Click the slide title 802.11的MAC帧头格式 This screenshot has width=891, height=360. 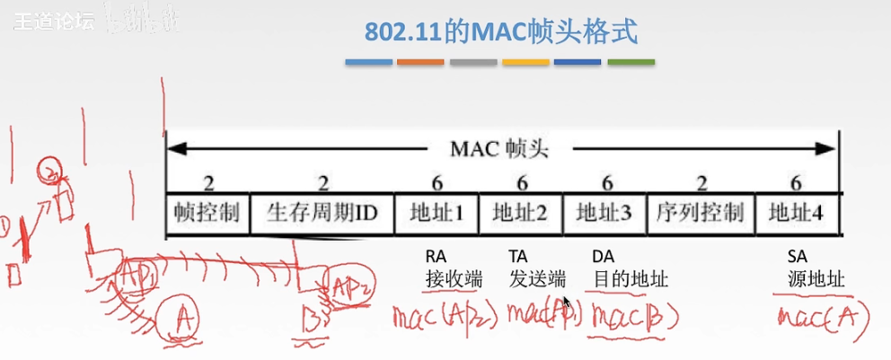tap(500, 32)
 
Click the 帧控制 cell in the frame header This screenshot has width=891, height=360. tap(207, 213)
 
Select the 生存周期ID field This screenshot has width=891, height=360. tap(322, 213)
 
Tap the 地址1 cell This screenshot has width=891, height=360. tap(437, 213)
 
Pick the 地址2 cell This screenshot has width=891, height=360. tap(521, 213)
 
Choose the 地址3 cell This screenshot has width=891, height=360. tap(604, 213)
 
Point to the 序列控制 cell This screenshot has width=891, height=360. tap(701, 213)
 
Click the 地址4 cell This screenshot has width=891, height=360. tap(797, 213)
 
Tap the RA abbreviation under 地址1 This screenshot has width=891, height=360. tap(436, 256)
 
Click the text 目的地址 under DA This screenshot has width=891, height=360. tap(631, 278)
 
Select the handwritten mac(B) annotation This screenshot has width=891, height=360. tap(632, 316)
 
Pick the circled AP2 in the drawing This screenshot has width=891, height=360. tap(348, 286)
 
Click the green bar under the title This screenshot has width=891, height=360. tap(631, 62)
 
